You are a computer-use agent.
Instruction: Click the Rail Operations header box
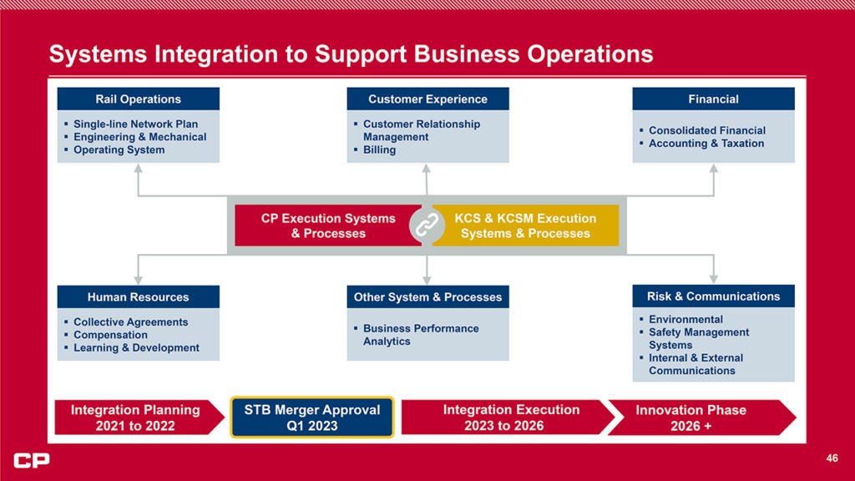coord(138,99)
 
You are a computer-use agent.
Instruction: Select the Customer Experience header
coord(427,99)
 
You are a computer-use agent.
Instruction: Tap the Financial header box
coord(713,99)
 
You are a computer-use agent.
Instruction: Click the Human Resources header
coord(138,297)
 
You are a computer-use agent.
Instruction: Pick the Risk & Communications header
coord(713,296)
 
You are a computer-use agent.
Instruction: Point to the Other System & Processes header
coord(427,297)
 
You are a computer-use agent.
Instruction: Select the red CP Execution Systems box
coord(327,226)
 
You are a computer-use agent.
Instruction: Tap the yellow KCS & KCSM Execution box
coord(526,226)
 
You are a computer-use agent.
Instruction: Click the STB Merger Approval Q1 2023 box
coord(311,418)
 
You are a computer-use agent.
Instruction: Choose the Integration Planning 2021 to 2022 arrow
coord(136,418)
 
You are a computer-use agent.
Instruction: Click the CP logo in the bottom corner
coord(32,460)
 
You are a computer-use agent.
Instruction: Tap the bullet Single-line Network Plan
coord(135,124)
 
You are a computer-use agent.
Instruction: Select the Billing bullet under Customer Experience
coord(379,150)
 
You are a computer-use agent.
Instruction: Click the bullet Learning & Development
coord(136,348)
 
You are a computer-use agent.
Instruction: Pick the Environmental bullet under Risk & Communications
coord(686,320)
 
